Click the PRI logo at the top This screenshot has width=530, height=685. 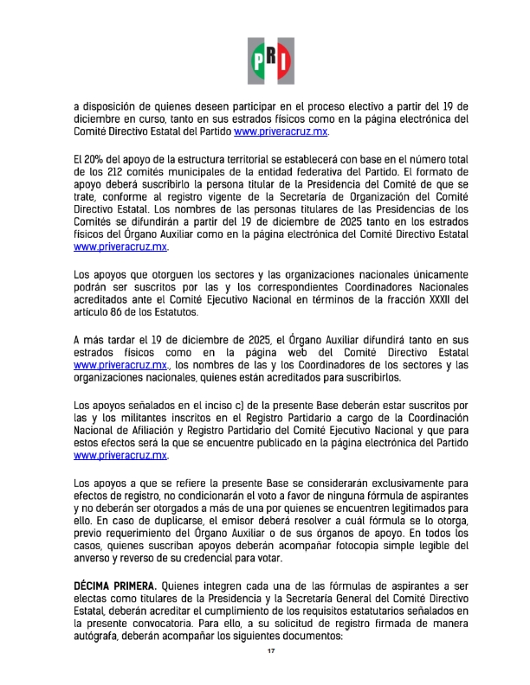click(x=270, y=60)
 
